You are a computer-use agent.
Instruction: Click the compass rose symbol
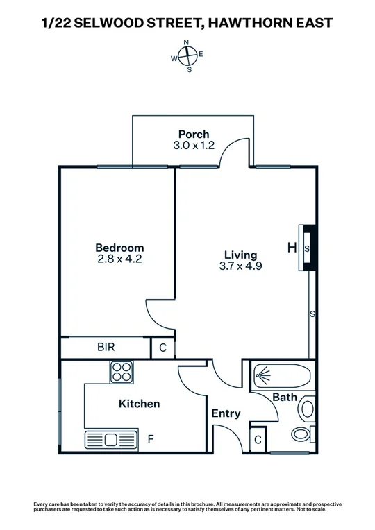point(187,55)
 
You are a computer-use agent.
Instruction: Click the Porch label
point(193,134)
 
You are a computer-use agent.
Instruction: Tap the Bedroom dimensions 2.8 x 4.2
point(119,259)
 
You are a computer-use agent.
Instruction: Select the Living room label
point(240,255)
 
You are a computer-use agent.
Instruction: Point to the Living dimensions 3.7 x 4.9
point(240,266)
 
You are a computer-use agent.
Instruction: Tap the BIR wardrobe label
point(106,347)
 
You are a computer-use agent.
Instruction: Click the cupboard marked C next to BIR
point(162,348)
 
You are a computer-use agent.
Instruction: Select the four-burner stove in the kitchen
point(121,372)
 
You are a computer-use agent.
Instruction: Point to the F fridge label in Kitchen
point(151,439)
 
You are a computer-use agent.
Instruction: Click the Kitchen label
point(139,404)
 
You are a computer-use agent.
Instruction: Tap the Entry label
point(226,413)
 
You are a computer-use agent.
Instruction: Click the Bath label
point(285,397)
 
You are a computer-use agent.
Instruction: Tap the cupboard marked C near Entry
point(257,438)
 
